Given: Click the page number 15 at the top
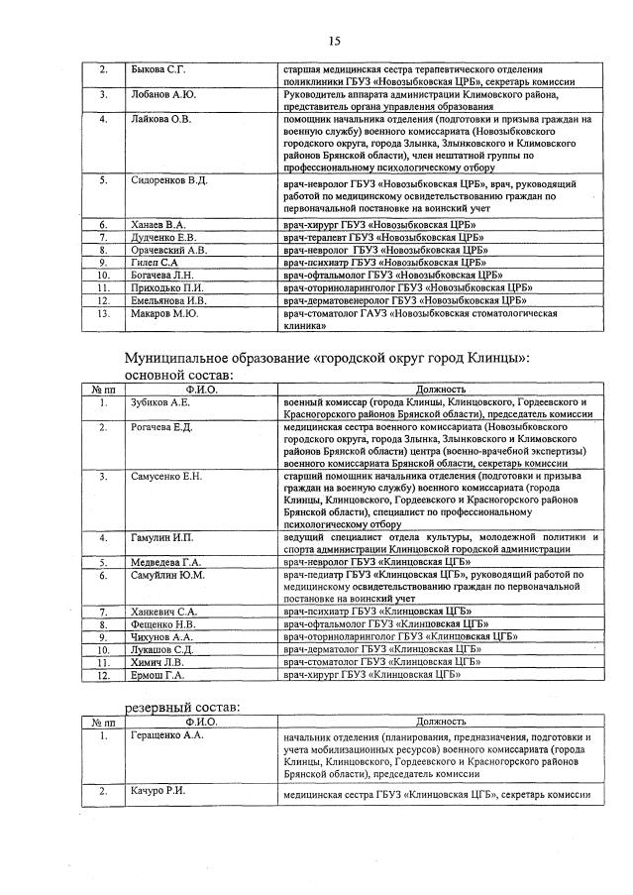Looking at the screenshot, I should (334, 41).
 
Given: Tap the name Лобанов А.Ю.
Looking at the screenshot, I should (162, 95).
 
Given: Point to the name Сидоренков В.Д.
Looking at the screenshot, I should (168, 180).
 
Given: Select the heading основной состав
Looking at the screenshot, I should (177, 376).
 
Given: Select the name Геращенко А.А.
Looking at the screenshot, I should (166, 737).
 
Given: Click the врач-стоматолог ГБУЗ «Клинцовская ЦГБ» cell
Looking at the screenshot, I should (381, 663).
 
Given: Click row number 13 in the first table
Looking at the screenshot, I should (102, 313).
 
